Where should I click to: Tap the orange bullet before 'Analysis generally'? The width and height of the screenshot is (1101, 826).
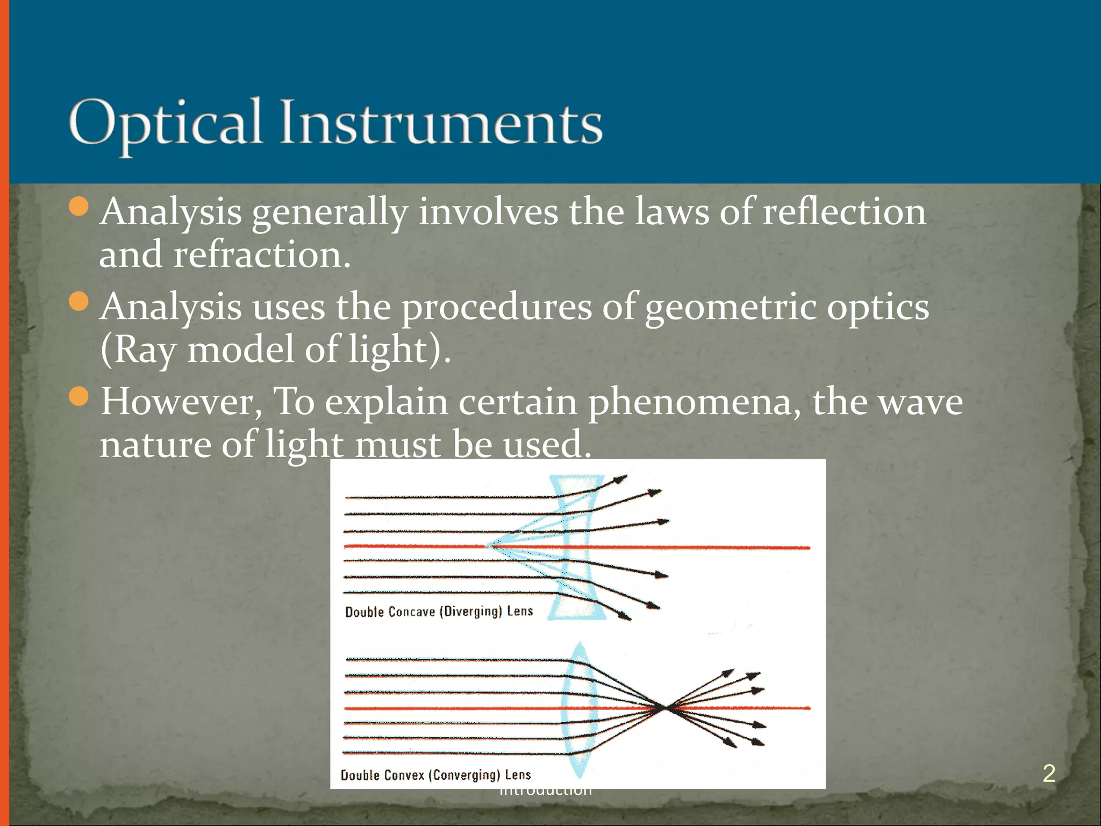79,206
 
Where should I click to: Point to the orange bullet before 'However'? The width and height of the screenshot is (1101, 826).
79,396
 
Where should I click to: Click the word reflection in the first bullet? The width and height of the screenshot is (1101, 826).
844,211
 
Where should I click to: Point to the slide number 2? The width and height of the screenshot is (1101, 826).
1049,773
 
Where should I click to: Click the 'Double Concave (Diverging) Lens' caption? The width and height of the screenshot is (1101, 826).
439,612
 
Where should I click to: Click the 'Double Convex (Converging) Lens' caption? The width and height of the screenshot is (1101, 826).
435,775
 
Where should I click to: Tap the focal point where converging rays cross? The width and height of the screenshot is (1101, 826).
666,708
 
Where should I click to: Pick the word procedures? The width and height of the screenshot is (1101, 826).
497,308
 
